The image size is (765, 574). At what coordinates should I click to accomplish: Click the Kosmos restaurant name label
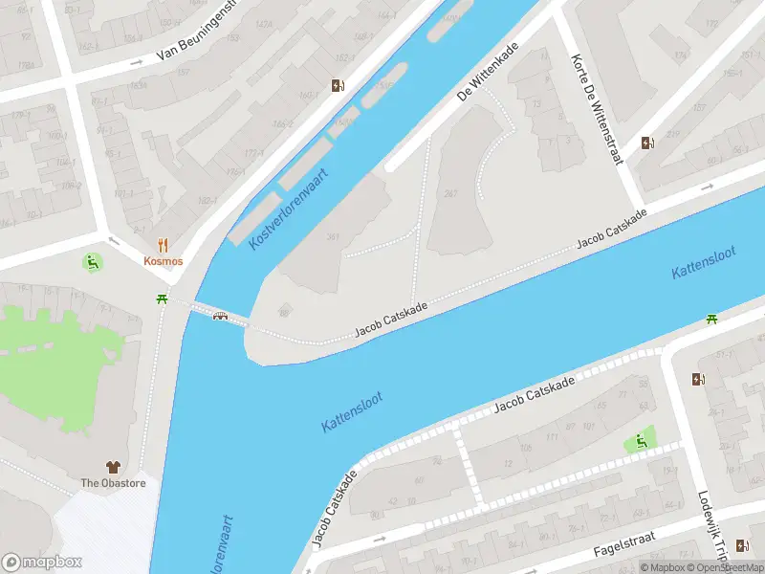click(164, 261)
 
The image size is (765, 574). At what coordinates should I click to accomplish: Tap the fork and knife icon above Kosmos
click(164, 245)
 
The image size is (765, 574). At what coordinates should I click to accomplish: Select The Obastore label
click(113, 483)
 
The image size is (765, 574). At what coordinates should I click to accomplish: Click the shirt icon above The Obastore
click(113, 467)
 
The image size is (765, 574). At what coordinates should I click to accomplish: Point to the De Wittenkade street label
click(488, 71)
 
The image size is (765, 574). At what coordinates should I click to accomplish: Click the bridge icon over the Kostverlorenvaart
click(221, 317)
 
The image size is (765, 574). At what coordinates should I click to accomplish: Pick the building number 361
click(333, 236)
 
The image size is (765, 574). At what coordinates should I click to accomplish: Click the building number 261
click(449, 193)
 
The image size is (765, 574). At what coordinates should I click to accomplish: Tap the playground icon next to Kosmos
click(92, 261)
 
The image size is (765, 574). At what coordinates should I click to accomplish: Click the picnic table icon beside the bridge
click(163, 299)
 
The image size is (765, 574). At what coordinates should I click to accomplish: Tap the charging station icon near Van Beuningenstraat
click(338, 86)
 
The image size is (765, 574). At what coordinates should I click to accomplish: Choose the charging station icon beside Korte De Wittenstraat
click(648, 143)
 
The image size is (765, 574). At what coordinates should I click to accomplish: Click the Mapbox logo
click(42, 563)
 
